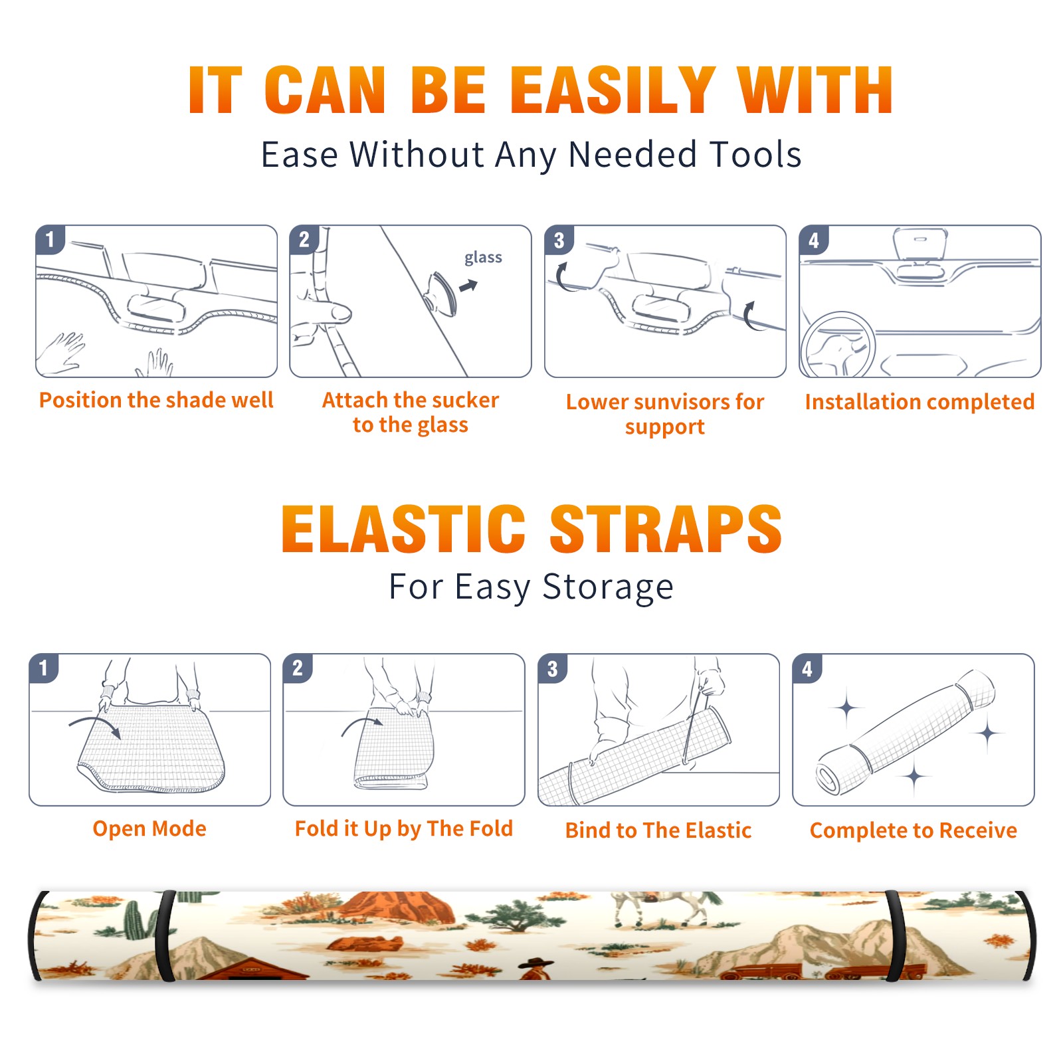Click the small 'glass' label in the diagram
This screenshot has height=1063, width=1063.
coord(483,258)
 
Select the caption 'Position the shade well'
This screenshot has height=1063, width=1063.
coord(156,400)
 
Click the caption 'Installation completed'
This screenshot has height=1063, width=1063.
coord(919,401)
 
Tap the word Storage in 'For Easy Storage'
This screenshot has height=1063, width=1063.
coord(608,587)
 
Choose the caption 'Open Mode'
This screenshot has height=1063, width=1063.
coord(149,828)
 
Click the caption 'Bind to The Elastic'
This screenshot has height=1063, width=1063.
coord(658,830)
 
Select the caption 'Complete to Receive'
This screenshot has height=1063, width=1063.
coord(914,830)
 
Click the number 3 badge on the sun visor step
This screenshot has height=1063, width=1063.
coord(559,240)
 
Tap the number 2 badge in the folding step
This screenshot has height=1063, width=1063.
coord(298,668)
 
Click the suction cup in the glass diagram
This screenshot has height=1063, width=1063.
coord(442,293)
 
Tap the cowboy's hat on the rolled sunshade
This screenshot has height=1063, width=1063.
coord(536,963)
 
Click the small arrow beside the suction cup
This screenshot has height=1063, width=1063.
coord(468,286)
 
